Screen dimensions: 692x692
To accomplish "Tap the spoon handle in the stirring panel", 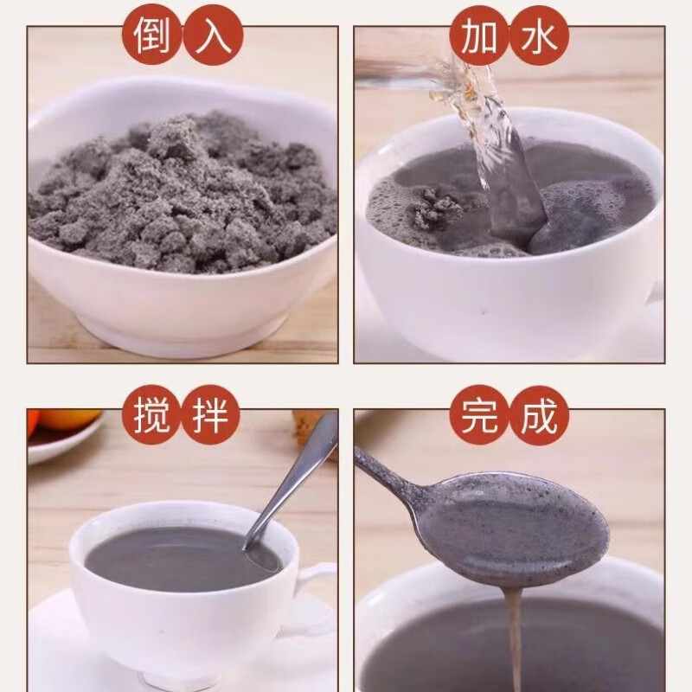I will (x=303, y=471).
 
